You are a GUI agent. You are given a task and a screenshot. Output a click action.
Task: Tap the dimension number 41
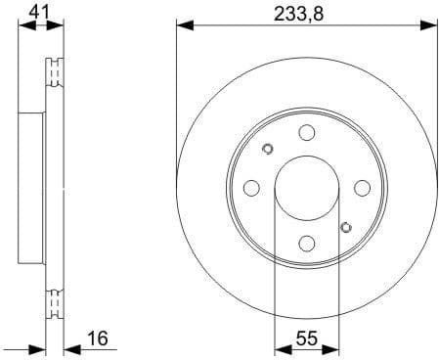(39, 12)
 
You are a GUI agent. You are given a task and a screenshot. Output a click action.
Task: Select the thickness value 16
(98, 339)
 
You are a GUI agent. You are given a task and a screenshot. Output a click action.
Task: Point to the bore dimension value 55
(306, 339)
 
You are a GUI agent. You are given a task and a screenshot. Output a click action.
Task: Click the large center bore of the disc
(306, 188)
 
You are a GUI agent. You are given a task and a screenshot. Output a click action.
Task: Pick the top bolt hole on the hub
(306, 133)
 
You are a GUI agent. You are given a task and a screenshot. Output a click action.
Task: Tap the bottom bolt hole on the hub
(306, 244)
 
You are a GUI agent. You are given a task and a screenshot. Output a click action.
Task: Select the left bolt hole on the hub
(251, 188)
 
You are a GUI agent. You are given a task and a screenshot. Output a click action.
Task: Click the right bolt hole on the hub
(362, 188)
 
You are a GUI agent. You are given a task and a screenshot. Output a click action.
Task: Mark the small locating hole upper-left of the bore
(268, 150)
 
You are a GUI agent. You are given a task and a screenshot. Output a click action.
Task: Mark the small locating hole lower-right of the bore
(344, 227)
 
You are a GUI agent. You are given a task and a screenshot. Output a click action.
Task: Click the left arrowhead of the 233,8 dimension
(183, 26)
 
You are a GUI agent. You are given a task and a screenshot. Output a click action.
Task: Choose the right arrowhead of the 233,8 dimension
(429, 26)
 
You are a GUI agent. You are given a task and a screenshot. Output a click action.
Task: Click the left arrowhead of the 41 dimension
(24, 26)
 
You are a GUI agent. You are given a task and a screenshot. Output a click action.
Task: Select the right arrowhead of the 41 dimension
(58, 26)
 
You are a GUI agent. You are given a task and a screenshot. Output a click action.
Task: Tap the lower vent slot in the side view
(55, 302)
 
